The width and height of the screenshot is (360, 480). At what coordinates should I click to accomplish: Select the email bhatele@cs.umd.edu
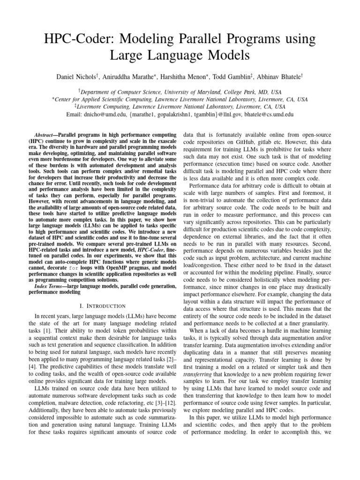[x=265, y=114]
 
